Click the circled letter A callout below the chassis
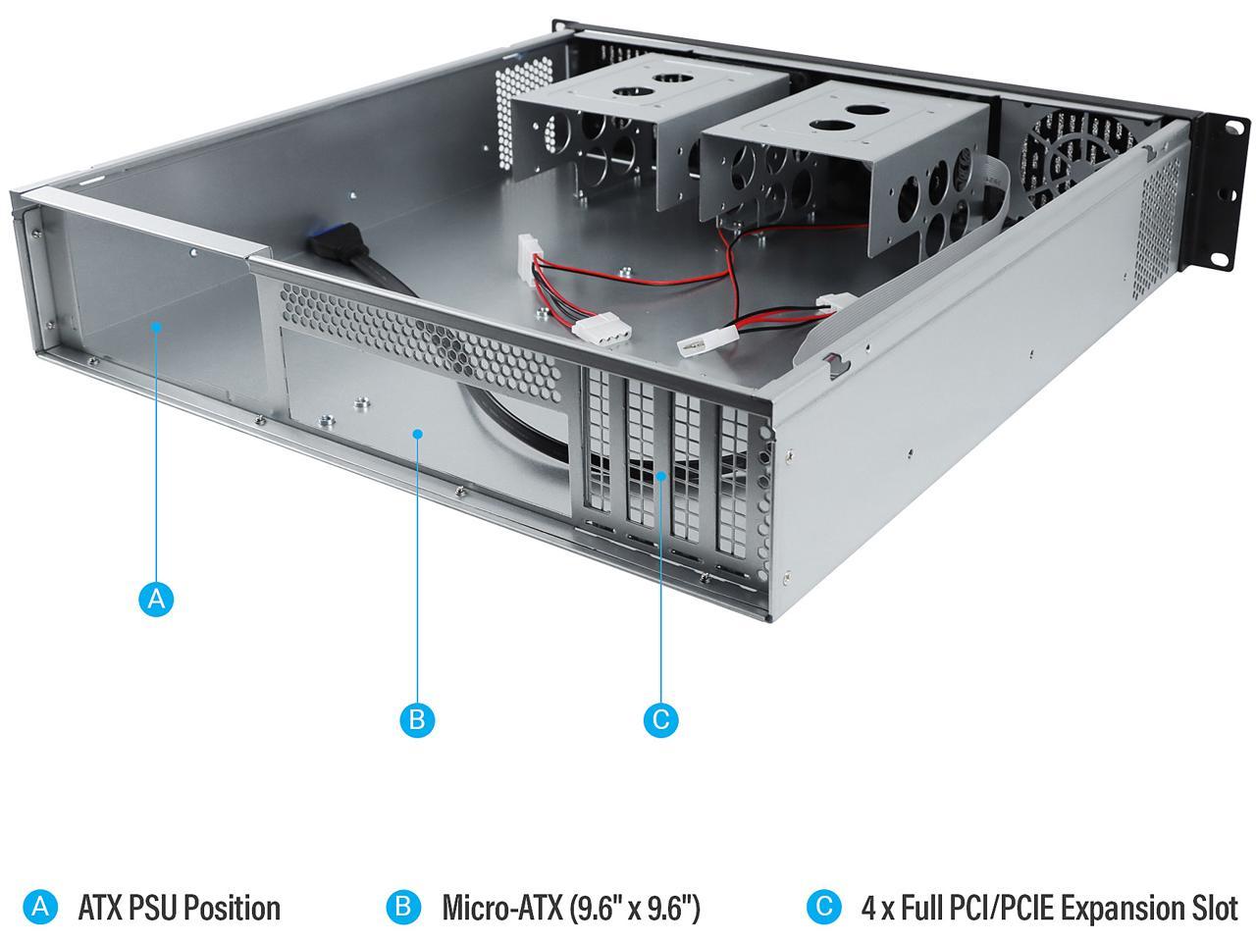tap(156, 599)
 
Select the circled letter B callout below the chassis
tap(417, 719)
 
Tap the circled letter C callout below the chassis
tap(660, 719)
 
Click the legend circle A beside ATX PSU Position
tap(39, 907)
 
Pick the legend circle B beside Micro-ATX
tap(402, 907)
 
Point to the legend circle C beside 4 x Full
tap(823, 907)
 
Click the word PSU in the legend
tap(154, 908)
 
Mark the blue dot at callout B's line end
tap(418, 432)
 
